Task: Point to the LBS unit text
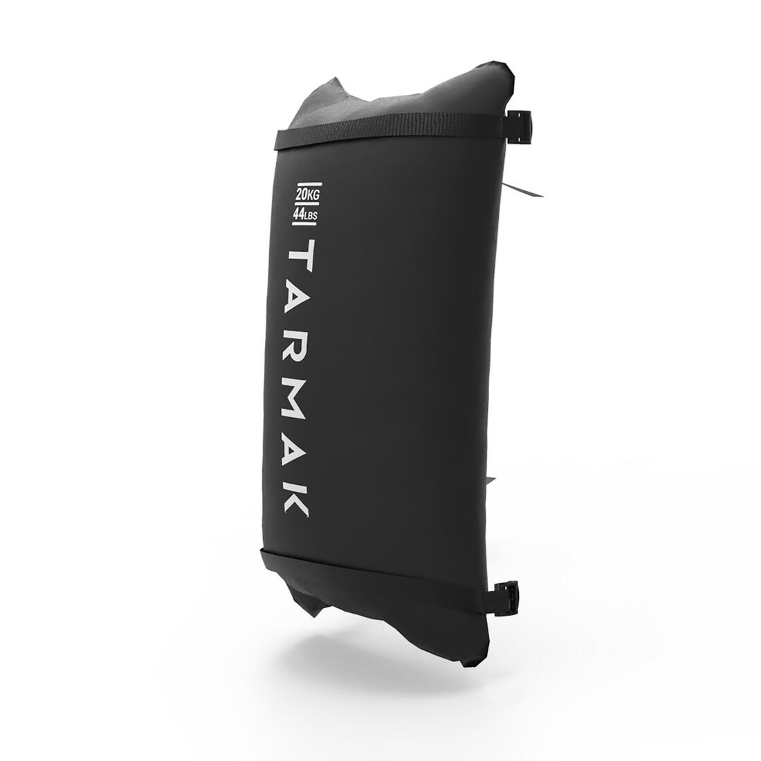coord(311,215)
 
